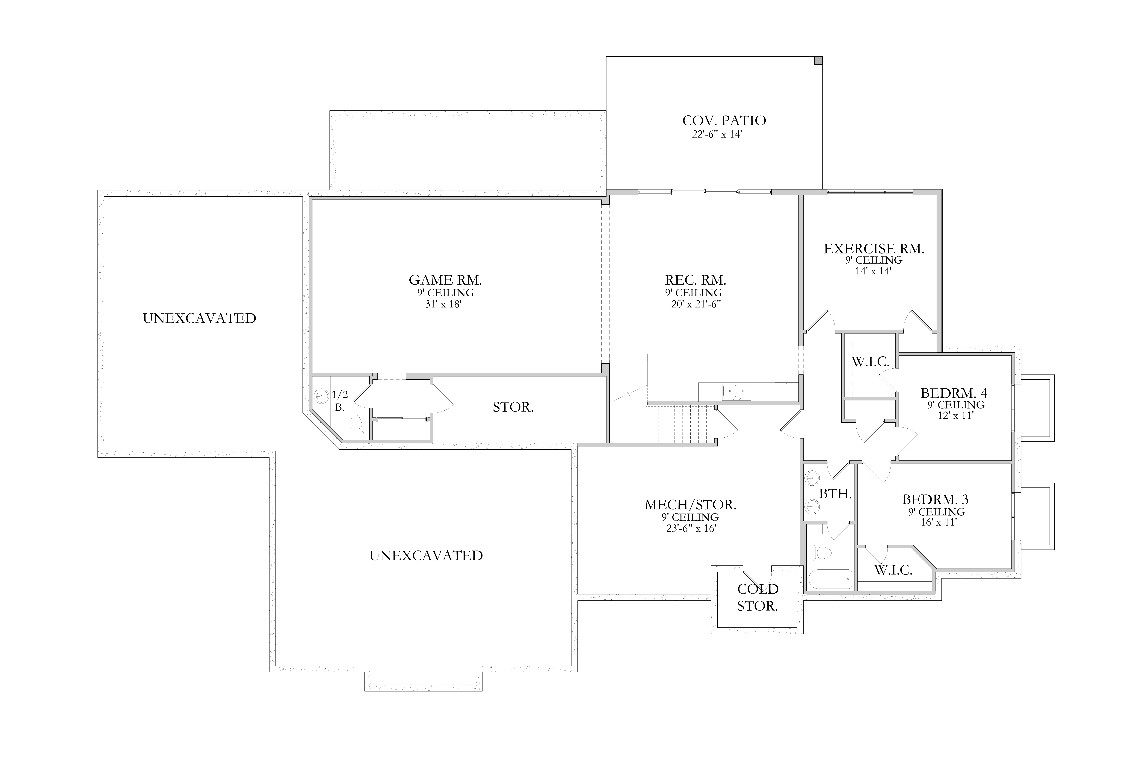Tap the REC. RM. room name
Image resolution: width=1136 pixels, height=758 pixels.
(695, 280)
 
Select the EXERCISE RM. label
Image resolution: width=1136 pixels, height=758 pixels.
(874, 249)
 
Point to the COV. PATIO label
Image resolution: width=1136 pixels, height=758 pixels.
(724, 120)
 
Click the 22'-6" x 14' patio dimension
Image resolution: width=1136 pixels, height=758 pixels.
(717, 134)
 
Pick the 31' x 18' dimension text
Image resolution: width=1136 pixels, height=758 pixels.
(443, 305)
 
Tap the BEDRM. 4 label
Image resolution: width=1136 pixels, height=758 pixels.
(954, 393)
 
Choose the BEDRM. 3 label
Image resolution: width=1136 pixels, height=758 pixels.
(935, 499)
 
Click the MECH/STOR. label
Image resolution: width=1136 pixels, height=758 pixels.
(690, 505)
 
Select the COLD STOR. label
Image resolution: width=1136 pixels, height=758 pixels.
(758, 598)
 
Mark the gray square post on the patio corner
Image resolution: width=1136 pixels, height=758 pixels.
(818, 60)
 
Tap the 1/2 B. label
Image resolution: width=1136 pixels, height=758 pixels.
(340, 401)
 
